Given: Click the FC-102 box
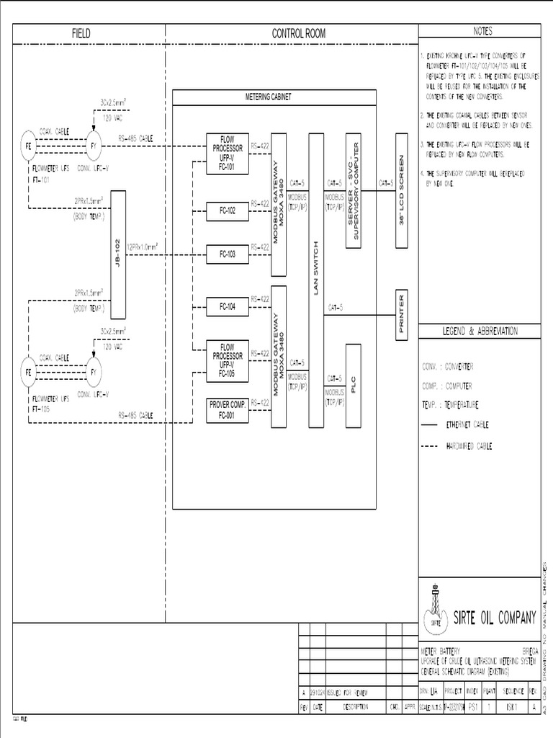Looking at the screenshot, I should click(228, 211).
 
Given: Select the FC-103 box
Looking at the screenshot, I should click(228, 254).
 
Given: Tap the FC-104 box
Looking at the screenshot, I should click(228, 307).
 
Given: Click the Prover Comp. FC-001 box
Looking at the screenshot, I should click(228, 411).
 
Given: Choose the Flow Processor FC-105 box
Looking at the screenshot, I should click(228, 359).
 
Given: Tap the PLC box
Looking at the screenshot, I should click(353, 387).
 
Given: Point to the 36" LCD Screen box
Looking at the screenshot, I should click(402, 190).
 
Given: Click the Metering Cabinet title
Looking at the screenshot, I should click(268, 97).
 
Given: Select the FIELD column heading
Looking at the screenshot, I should click(81, 33).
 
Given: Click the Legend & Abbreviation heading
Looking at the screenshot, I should click(480, 331).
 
